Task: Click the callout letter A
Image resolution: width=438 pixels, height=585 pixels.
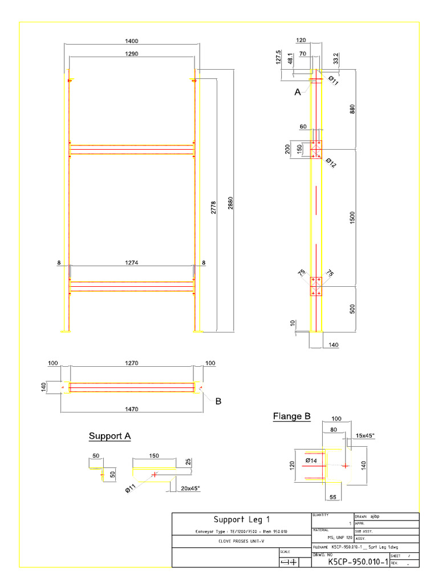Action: [x=297, y=92]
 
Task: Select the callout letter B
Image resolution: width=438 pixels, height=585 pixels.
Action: [x=218, y=402]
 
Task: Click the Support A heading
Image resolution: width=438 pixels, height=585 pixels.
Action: [x=109, y=436]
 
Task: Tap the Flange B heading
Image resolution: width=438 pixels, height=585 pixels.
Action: [x=291, y=417]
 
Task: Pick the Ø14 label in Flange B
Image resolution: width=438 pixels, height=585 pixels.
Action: [x=311, y=460]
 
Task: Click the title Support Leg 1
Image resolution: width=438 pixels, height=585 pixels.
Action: [x=241, y=519]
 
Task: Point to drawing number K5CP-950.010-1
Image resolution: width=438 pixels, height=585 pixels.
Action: [x=358, y=562]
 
